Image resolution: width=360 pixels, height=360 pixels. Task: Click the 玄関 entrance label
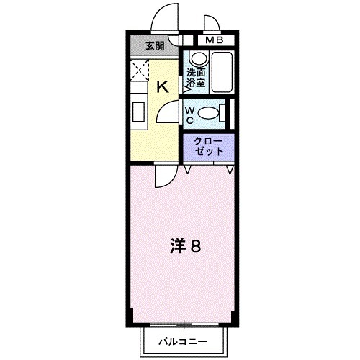click(154, 46)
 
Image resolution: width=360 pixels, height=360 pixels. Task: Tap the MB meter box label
click(215, 40)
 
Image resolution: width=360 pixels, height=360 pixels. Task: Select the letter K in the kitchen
click(163, 87)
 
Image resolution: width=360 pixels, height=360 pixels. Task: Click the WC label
click(189, 114)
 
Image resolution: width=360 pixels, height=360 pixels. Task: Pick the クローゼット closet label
click(207, 146)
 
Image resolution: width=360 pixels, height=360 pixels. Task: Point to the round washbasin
click(195, 60)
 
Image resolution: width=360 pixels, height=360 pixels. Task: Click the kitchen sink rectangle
click(138, 112)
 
